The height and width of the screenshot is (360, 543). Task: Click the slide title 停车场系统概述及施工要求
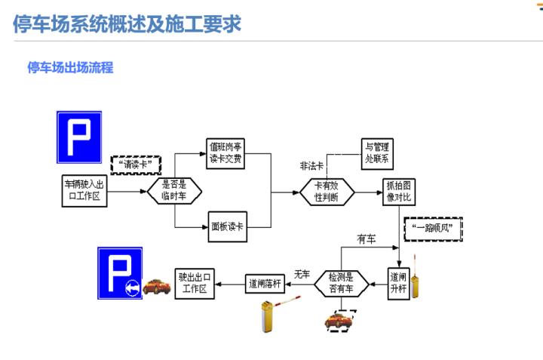(x=127, y=23)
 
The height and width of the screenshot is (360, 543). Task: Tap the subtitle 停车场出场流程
(x=70, y=68)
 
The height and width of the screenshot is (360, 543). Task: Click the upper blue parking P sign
(x=78, y=137)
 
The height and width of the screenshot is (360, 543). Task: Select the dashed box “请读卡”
(x=137, y=163)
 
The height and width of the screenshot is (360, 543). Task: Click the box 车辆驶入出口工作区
(x=85, y=192)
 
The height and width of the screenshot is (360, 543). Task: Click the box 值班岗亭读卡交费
(x=227, y=152)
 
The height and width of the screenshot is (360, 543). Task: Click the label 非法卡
(x=311, y=165)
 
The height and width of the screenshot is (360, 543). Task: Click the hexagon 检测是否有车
(x=342, y=282)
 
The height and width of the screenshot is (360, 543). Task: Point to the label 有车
(x=366, y=239)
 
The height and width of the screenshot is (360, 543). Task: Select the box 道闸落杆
(x=265, y=284)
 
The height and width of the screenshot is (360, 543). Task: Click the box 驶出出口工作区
(x=195, y=283)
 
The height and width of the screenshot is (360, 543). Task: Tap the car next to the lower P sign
(x=157, y=287)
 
